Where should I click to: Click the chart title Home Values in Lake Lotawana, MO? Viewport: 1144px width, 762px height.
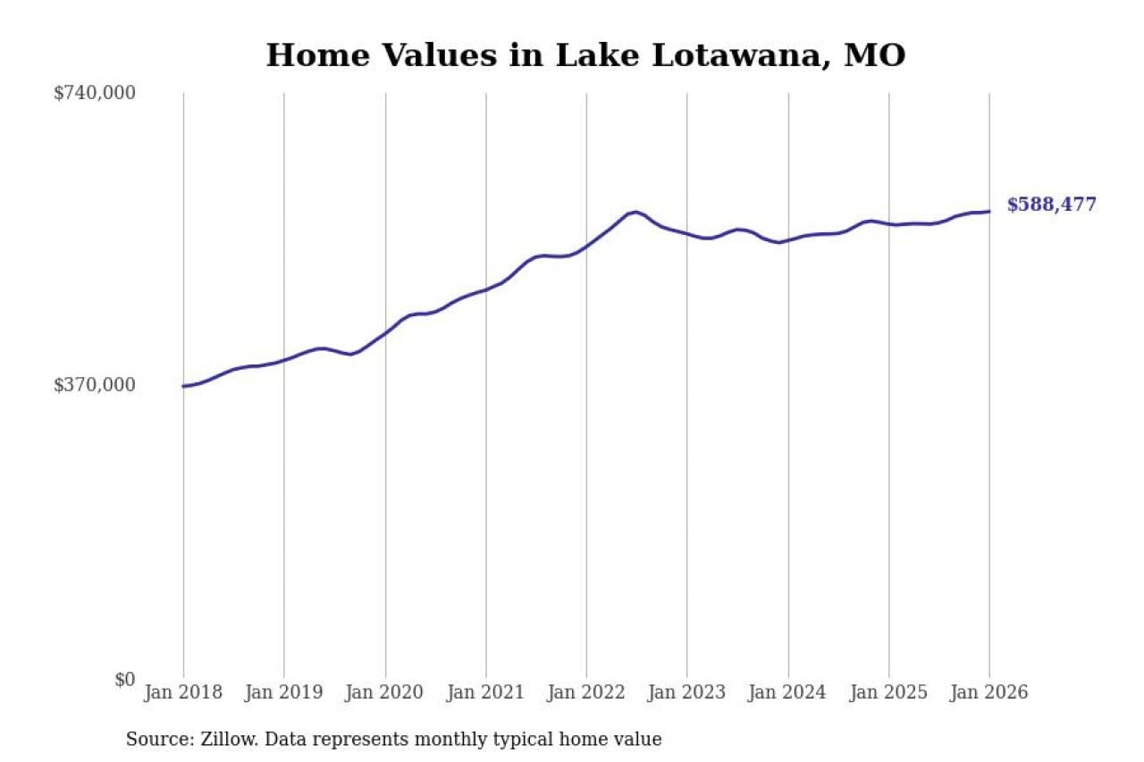pyautogui.click(x=585, y=55)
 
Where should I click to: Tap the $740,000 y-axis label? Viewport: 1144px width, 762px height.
pyautogui.click(x=95, y=93)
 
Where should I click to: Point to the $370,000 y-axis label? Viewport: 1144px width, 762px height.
pyautogui.click(x=95, y=385)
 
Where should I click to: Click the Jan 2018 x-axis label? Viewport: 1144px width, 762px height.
pyautogui.click(x=183, y=693)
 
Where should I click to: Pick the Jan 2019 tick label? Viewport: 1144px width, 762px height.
pyautogui.click(x=284, y=693)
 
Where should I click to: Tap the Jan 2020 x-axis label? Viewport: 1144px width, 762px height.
pyautogui.click(x=385, y=693)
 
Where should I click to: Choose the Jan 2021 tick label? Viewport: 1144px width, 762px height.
pyautogui.click(x=486, y=693)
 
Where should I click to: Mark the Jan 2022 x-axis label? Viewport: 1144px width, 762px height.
pyautogui.click(x=586, y=693)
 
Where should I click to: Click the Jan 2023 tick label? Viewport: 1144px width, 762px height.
pyautogui.click(x=687, y=693)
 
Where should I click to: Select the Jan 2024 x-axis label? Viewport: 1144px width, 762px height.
pyautogui.click(x=788, y=693)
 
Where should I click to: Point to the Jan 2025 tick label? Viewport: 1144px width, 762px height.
pyautogui.click(x=889, y=693)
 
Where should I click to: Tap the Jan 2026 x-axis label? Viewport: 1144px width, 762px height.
pyautogui.click(x=989, y=693)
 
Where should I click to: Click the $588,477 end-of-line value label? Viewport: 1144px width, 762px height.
pyautogui.click(x=1051, y=205)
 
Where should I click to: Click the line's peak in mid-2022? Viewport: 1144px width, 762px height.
pyautogui.click(x=635, y=212)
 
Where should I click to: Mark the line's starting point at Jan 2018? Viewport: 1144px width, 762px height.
pyautogui.click(x=183, y=386)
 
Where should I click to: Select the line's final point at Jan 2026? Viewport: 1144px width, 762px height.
pyautogui.click(x=989, y=212)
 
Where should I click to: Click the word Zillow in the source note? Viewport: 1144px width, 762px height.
pyautogui.click(x=222, y=740)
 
